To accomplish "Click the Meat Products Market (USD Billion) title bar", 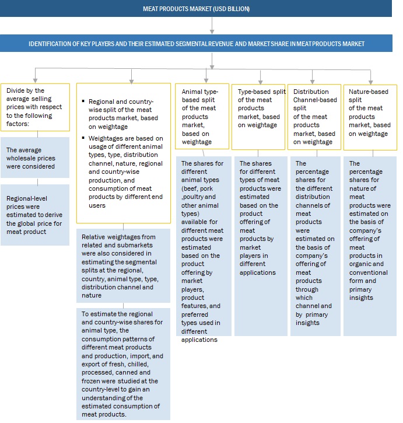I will coord(201,9).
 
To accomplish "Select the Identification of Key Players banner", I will coord(201,43).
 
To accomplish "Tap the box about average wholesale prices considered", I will coord(34,158).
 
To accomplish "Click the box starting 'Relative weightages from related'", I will coord(123,265).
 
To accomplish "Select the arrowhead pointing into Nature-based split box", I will coord(371,81).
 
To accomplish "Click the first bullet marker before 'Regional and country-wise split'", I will coord(84,102).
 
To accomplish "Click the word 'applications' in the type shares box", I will coord(258,272).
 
